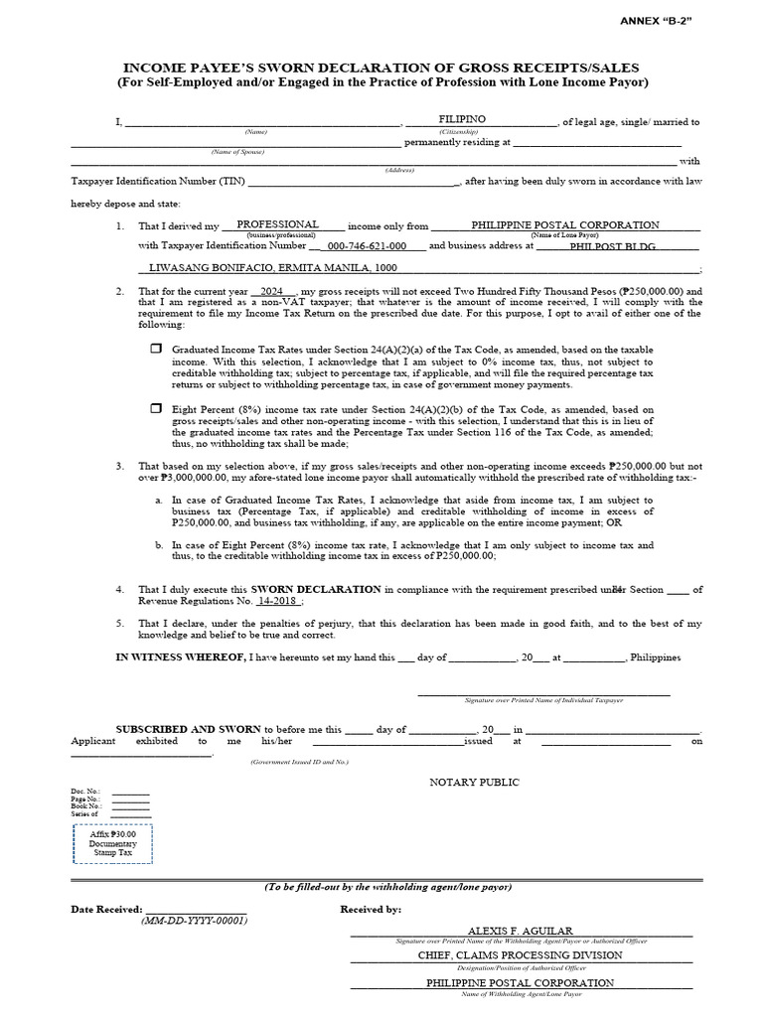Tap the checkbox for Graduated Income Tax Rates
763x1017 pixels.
pos(155,349)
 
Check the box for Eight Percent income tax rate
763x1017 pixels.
pos(155,407)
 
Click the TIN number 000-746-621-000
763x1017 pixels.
pos(367,245)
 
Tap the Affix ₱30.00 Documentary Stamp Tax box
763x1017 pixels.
pos(112,843)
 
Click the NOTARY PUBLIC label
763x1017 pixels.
pos(474,782)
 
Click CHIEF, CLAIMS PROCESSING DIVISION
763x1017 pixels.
pos(521,954)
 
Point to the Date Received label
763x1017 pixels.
pos(106,909)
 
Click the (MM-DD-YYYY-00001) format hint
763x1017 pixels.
pos(194,920)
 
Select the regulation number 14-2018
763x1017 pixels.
pos(277,601)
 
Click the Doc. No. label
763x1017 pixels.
pos(84,791)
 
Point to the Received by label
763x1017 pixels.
pos(371,909)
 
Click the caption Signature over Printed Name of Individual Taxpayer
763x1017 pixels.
pos(543,700)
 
